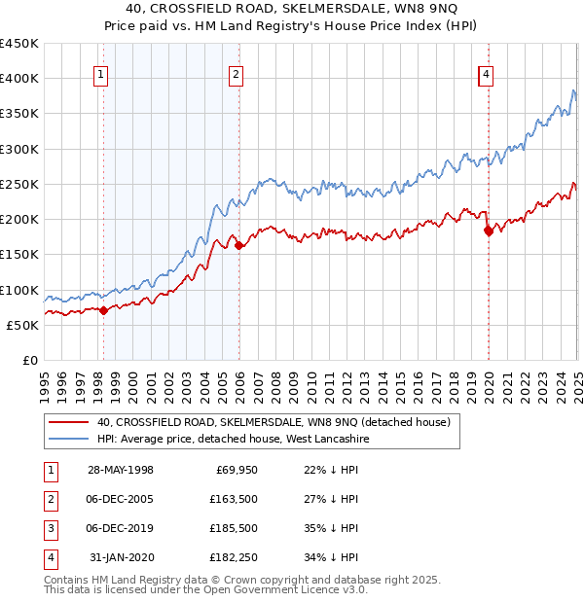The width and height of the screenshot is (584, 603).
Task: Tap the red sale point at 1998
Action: click(104, 310)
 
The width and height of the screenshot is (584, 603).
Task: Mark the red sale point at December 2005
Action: click(239, 245)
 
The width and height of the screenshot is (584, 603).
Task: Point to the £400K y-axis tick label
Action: click(19, 79)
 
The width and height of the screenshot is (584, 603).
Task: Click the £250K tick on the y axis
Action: click(19, 184)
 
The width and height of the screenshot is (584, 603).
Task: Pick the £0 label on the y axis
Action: click(29, 360)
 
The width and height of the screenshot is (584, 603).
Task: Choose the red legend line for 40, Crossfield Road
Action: click(67, 423)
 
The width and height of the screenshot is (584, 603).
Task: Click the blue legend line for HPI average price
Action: click(67, 440)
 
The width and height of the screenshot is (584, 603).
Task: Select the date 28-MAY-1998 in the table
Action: click(121, 471)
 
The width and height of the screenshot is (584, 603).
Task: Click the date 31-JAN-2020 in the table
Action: click(121, 558)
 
